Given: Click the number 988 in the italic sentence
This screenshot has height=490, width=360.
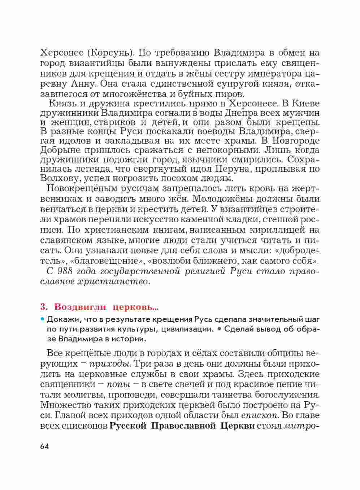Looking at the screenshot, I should [x=66, y=271].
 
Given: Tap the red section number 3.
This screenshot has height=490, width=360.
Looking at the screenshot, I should [x=44, y=307].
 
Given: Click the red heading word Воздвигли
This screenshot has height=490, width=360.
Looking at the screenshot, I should [x=80, y=307].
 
